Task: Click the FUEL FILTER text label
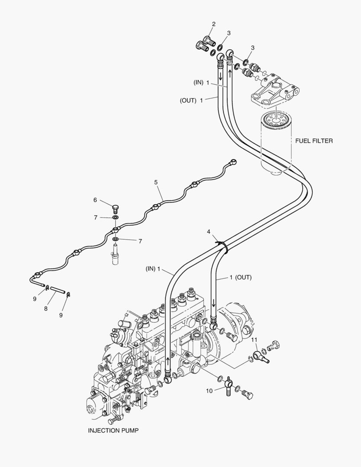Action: point(314,141)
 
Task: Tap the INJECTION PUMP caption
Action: point(114,430)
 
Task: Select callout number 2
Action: point(214,24)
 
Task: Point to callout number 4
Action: point(209,232)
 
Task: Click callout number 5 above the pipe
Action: point(156,182)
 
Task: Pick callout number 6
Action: point(95,200)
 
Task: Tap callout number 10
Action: point(209,390)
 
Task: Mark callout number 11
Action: point(255,339)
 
